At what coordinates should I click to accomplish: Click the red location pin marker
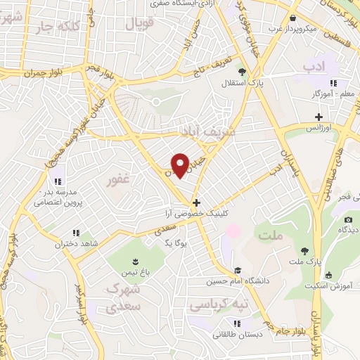click(x=181, y=165)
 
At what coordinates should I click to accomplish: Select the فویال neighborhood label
click(x=139, y=23)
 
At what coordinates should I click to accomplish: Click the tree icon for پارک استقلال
click(x=242, y=72)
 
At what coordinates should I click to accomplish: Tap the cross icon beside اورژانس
click(x=319, y=117)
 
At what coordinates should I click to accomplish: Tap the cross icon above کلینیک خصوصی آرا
click(x=196, y=202)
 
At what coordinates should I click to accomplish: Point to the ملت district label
click(x=269, y=236)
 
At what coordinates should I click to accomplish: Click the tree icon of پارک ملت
click(x=304, y=251)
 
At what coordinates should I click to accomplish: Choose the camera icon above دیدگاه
click(x=347, y=219)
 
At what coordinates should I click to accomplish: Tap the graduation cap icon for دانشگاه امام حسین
click(x=238, y=271)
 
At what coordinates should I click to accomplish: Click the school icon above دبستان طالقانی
click(x=238, y=323)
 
